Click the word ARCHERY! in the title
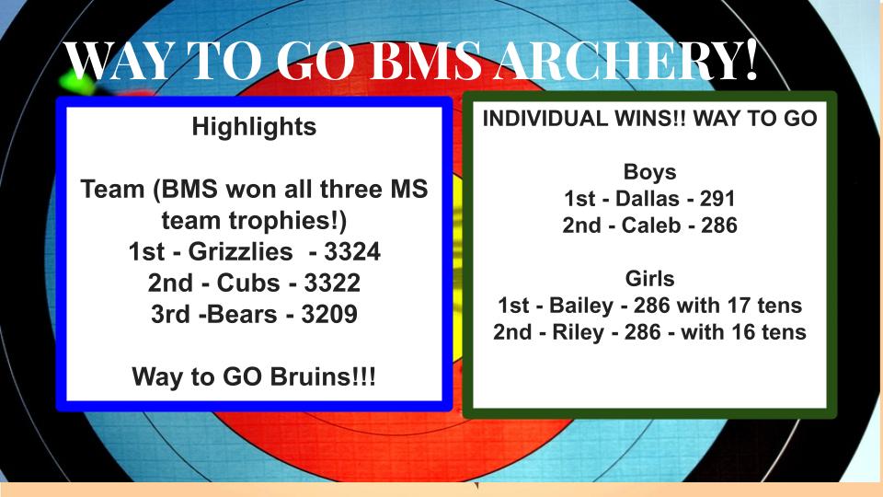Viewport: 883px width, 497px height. (x=626, y=61)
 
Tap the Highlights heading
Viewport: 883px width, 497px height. (x=254, y=127)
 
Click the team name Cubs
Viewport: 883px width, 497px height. (x=248, y=283)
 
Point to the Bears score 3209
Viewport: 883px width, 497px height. (x=329, y=315)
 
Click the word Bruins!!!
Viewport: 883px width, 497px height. (x=323, y=376)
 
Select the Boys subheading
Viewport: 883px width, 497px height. (x=650, y=172)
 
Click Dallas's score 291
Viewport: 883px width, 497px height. (x=717, y=199)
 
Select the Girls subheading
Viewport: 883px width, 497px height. (x=650, y=278)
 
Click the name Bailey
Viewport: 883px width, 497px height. (x=580, y=306)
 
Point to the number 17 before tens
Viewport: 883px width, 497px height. (x=740, y=306)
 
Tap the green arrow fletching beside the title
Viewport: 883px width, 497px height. (x=77, y=82)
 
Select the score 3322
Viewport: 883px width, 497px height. (x=332, y=283)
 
